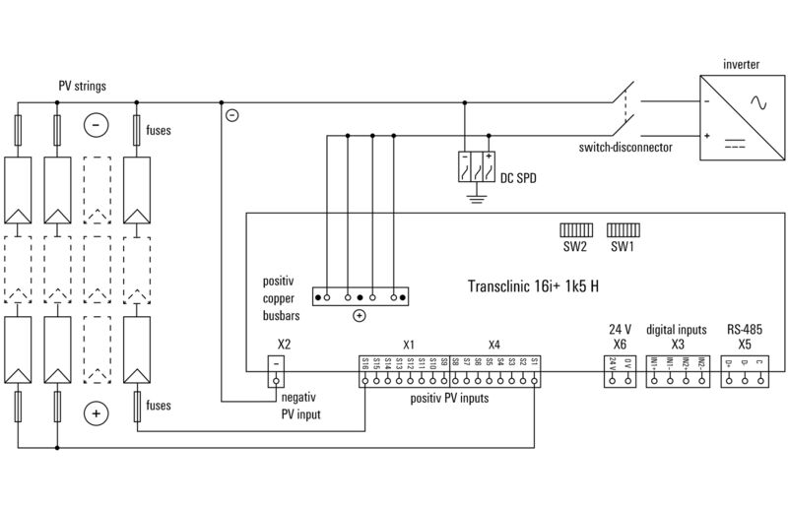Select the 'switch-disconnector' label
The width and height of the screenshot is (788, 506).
click(625, 147)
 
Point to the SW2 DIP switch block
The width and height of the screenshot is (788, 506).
click(575, 228)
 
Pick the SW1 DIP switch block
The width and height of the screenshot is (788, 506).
click(622, 228)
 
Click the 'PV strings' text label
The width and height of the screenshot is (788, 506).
click(82, 87)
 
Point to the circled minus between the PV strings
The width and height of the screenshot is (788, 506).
click(96, 125)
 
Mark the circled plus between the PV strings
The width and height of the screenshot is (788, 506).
click(96, 413)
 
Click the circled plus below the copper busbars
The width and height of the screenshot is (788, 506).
click(359, 315)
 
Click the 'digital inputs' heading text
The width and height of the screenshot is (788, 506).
click(677, 331)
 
